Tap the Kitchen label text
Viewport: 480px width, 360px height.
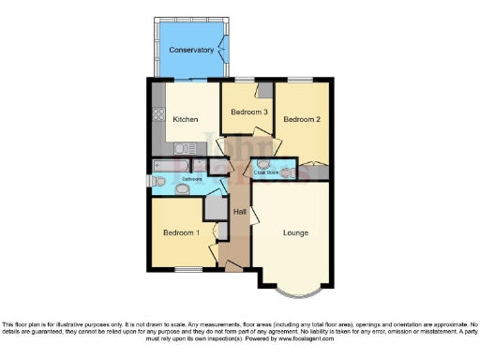pos(185,119)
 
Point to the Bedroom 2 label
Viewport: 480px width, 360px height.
pos(303,120)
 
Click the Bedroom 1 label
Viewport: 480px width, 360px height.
pos(181,232)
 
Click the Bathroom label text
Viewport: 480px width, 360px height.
pos(180,178)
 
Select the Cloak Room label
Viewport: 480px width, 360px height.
pos(267,172)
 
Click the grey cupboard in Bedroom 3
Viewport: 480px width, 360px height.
pos(265,90)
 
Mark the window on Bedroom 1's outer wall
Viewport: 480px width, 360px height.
pos(187,269)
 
